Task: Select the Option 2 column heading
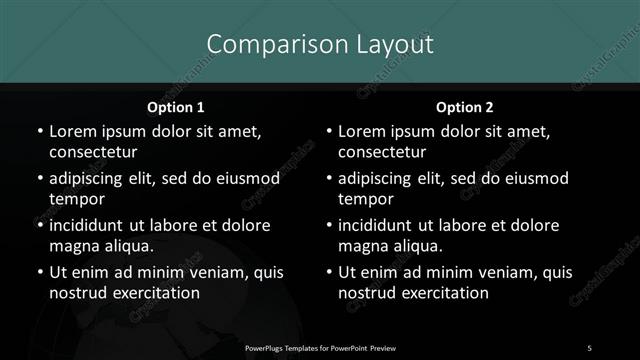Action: (x=464, y=107)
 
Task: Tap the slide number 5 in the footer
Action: (x=589, y=347)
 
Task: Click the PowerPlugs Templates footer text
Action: (x=321, y=347)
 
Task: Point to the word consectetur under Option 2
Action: (x=382, y=152)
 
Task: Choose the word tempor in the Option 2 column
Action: (x=363, y=199)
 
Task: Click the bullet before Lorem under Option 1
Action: (x=39, y=132)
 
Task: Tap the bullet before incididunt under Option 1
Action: (x=39, y=226)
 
